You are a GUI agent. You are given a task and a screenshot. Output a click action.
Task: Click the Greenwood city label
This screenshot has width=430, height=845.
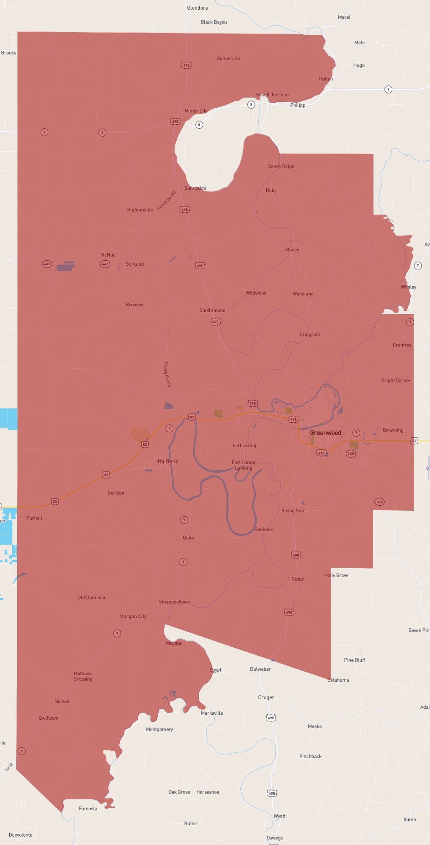pyautogui.click(x=325, y=433)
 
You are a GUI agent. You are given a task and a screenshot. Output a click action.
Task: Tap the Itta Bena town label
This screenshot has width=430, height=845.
pyautogui.click(x=167, y=461)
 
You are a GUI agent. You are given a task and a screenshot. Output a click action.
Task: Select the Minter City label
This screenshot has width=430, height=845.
pyautogui.click(x=196, y=111)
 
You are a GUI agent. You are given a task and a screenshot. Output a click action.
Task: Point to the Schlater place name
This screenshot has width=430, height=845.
pyautogui.click(x=135, y=264)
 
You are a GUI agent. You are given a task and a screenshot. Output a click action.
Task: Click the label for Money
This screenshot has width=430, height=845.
pyautogui.click(x=292, y=250)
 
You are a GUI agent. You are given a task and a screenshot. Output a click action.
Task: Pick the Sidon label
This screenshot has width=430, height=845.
pyautogui.click(x=298, y=579)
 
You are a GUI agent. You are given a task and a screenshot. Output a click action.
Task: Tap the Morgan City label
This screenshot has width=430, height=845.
pyautogui.click(x=133, y=616)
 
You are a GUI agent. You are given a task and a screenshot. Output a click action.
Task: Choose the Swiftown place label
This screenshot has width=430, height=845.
pyautogui.click(x=49, y=718)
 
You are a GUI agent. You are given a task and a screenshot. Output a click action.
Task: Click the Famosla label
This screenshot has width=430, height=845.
pyautogui.click(x=88, y=809)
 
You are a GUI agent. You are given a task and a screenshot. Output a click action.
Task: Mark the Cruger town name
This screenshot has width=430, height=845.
pyautogui.click(x=266, y=698)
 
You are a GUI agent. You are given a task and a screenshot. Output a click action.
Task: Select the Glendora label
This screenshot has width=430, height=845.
pyautogui.click(x=197, y=8)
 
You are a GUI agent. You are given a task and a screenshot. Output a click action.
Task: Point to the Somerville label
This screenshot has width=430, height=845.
pyautogui.click(x=228, y=59)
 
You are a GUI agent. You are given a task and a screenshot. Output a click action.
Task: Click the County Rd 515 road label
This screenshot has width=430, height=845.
pyautogui.click(x=167, y=374)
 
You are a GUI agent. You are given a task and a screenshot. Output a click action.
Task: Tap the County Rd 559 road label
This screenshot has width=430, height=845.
pyautogui.click(x=167, y=200)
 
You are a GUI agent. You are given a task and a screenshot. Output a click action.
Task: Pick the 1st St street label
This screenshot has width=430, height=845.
pyautogui.click(x=9, y=767)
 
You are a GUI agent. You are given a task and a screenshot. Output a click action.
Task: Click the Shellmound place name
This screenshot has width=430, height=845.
pyautogui.click(x=212, y=310)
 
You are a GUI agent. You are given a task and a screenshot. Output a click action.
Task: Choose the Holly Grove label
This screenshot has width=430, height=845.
pyautogui.click(x=336, y=575)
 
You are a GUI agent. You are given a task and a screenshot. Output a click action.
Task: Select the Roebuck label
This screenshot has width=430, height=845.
pyautogui.click(x=263, y=530)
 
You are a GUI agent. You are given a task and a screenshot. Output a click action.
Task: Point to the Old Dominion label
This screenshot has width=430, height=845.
pyautogui.click(x=92, y=598)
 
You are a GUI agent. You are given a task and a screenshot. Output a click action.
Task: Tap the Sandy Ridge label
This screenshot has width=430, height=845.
pyautogui.click(x=281, y=166)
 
